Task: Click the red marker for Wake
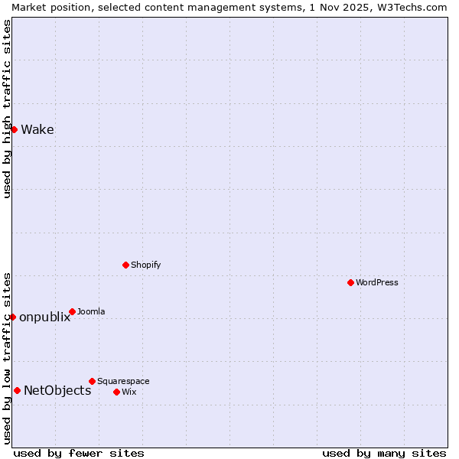14,129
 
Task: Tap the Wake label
37,129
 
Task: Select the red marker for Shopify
125,265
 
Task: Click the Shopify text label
145,265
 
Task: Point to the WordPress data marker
350,282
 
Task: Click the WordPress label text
376,282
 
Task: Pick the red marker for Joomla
72,311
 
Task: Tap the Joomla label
91,311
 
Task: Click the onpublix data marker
12,317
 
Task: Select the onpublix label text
44,317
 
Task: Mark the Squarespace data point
92,381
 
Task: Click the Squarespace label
123,381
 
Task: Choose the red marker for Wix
116,392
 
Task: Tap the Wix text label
129,392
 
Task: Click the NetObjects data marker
17,390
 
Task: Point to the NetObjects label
57,391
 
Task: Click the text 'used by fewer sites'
79,453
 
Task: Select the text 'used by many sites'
384,453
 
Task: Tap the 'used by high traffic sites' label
7,109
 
